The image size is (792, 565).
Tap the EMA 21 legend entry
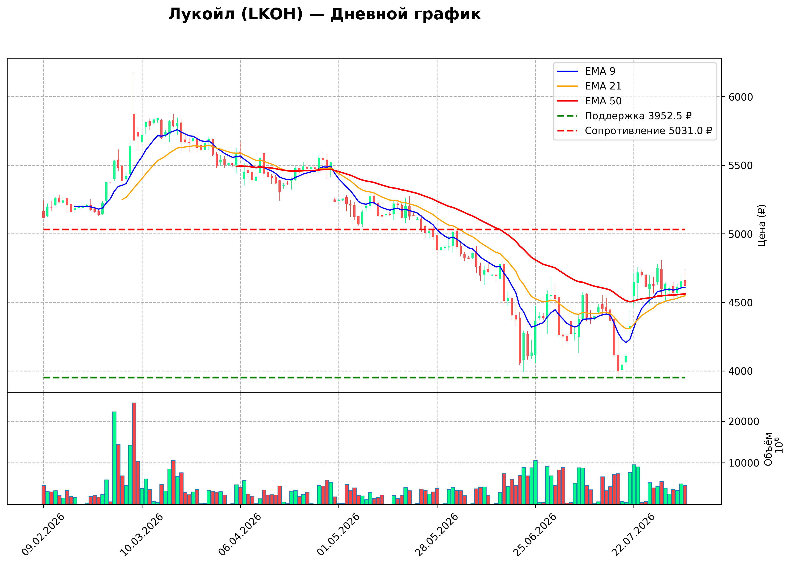pyautogui.click(x=589, y=86)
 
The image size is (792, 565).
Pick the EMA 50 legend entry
pyautogui.click(x=589, y=101)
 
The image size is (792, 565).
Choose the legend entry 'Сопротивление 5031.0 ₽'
pyautogui.click(x=635, y=131)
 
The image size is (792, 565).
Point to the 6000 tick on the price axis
pyautogui.click(x=741, y=97)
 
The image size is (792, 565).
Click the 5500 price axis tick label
pyautogui.click(x=741, y=166)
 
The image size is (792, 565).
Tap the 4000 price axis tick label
pyautogui.click(x=741, y=371)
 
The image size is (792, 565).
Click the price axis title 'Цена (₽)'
pyautogui.click(x=762, y=225)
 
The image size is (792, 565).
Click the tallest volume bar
pyautogui.click(x=134, y=453)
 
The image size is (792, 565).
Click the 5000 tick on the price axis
pyautogui.click(x=741, y=234)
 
